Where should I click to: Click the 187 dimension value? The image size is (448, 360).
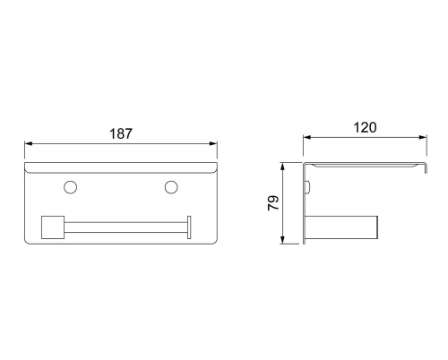[121, 133]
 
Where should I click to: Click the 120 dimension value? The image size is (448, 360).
[365, 127]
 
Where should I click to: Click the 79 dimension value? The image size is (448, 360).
[273, 203]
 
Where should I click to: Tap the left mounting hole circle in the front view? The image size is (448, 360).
[71, 187]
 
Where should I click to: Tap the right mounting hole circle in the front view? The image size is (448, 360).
[171, 187]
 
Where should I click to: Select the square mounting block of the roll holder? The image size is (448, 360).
[53, 227]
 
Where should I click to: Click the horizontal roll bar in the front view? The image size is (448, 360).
[125, 227]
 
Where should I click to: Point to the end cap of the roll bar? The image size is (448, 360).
[189, 227]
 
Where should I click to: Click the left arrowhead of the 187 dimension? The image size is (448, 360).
[29, 143]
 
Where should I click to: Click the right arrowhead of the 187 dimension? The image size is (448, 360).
[213, 143]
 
